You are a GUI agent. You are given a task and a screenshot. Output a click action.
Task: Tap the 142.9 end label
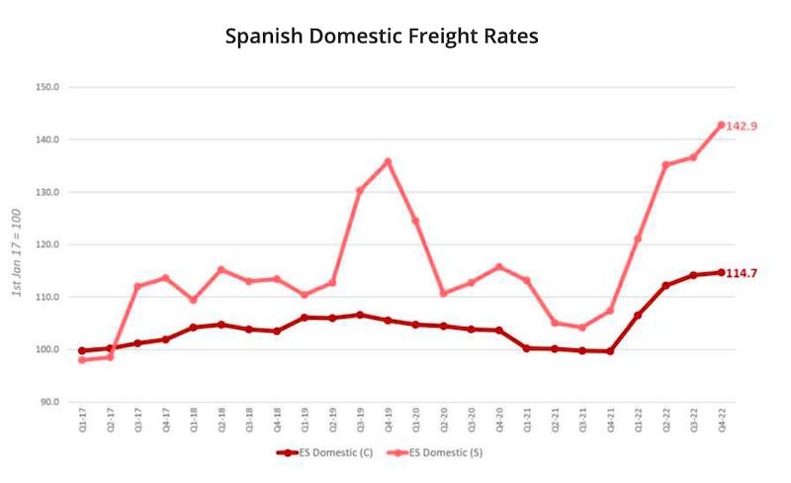tap(742, 126)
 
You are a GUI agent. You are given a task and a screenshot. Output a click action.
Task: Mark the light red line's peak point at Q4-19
tap(388, 161)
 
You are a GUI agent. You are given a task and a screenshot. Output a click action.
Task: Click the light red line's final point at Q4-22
tap(721, 125)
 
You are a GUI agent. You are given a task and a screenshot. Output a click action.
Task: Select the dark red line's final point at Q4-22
tap(721, 272)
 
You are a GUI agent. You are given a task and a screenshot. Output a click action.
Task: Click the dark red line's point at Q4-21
tap(609, 350)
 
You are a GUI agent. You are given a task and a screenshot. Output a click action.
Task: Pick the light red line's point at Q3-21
tap(582, 327)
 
